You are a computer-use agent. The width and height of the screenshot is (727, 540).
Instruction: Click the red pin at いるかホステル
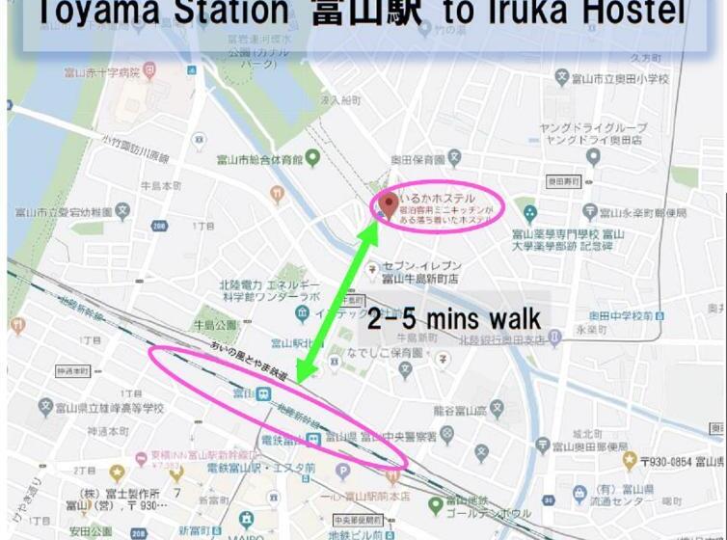(389, 203)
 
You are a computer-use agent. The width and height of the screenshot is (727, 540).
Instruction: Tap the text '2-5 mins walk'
(453, 318)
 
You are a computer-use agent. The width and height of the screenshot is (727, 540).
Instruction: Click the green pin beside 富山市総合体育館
(312, 159)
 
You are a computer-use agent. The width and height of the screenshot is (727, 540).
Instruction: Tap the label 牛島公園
(214, 324)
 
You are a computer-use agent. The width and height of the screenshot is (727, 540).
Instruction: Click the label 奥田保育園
(417, 160)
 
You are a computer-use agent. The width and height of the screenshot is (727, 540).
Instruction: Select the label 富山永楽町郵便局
(645, 212)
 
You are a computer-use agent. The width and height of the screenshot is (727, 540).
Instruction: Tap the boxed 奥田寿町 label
(564, 180)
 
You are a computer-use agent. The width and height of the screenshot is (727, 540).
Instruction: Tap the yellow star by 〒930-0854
(630, 462)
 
